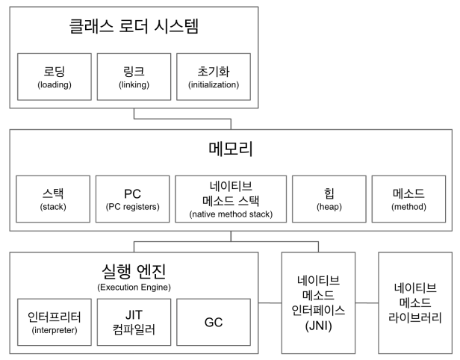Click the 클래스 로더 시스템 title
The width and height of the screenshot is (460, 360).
pos(134,30)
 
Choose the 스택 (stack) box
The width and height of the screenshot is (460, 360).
pos(52,199)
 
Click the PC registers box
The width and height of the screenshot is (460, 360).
pos(133,199)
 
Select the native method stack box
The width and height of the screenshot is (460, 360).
pos(231,199)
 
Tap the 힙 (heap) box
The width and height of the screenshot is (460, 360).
pos(329,199)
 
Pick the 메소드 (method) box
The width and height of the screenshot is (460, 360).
pos(408,199)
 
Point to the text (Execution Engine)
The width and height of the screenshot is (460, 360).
pos(134,287)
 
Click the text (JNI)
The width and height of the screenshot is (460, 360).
pos(319,326)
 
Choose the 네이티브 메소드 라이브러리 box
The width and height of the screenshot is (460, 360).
pos(415,302)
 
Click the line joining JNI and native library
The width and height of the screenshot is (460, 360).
pos(367,302)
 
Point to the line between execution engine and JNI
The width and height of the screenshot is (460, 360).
pos(271,302)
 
